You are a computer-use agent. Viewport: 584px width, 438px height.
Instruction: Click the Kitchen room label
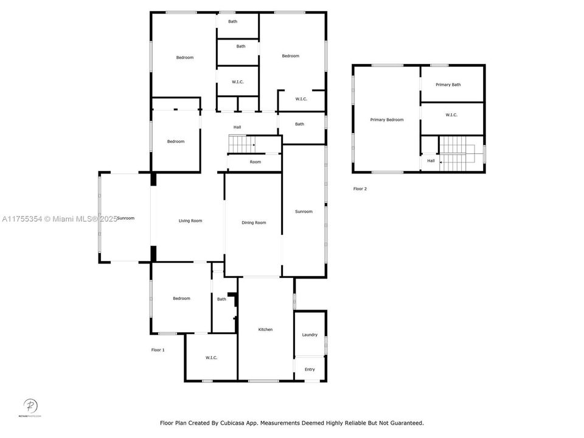(x=265, y=330)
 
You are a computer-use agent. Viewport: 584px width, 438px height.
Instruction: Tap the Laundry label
(x=310, y=335)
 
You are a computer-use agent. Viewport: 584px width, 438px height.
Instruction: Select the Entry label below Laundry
(x=310, y=369)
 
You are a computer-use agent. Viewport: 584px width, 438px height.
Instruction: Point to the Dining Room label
(x=254, y=223)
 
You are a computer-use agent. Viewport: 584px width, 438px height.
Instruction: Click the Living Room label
(x=190, y=221)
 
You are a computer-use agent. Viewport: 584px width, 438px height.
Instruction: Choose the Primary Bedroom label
(x=387, y=120)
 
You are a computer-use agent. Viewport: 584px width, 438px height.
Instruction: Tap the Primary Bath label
(x=448, y=85)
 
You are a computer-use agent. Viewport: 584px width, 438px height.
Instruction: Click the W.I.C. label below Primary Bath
(x=451, y=115)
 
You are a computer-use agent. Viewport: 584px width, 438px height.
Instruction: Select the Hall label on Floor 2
(x=431, y=161)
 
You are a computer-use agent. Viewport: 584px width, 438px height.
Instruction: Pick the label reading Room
(x=255, y=162)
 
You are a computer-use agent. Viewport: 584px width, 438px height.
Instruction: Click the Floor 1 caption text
(x=158, y=350)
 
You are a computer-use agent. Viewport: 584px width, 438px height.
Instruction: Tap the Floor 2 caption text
(x=360, y=189)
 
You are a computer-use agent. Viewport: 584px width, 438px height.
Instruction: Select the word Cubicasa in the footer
(x=246, y=423)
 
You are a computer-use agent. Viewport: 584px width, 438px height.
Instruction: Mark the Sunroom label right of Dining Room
(x=304, y=212)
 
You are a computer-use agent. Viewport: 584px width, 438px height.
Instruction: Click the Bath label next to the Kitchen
(x=221, y=299)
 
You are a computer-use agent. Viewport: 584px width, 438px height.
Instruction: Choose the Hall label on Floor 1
(x=237, y=127)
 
